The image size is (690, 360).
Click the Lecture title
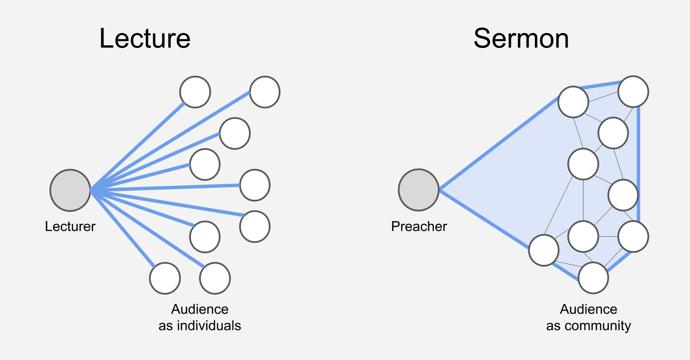[x=145, y=38]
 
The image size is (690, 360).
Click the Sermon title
[x=521, y=38]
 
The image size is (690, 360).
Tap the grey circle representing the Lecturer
[x=70, y=190]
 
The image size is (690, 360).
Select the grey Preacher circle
[x=418, y=190]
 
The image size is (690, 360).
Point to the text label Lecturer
[x=70, y=226]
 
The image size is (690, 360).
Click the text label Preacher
[x=419, y=226]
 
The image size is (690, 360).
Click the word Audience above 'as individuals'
[x=200, y=309]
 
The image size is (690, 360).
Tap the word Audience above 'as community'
[x=588, y=309]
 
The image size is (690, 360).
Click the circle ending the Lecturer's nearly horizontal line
[x=255, y=185]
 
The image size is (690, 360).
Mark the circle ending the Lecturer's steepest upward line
[x=195, y=92]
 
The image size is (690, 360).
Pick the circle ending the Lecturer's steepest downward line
[x=165, y=278]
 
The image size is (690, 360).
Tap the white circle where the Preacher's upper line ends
[x=573, y=102]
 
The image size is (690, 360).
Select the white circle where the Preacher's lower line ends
[x=544, y=250]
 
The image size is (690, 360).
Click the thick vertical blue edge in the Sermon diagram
[x=639, y=164]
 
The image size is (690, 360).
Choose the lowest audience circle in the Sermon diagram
[x=593, y=278]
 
